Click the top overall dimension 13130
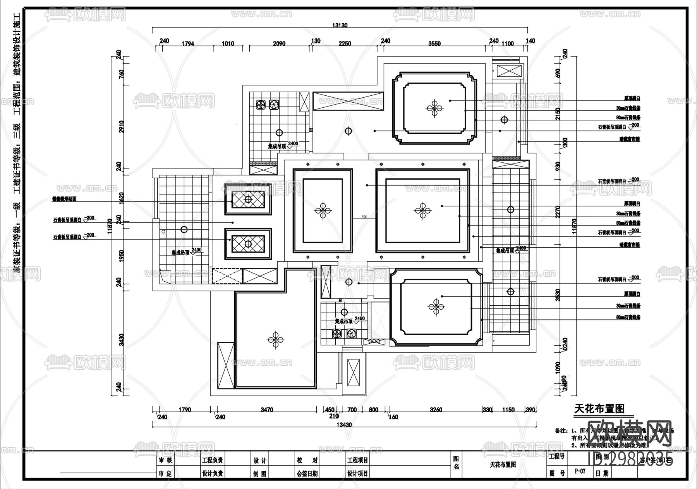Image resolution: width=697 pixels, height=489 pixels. (x=339, y=25)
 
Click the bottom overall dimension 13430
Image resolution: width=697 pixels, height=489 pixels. (x=343, y=425)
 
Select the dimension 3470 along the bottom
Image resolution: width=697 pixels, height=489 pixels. (x=267, y=409)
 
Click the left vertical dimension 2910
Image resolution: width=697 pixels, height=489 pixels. (x=121, y=127)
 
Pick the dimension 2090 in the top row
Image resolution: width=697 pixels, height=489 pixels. (x=279, y=44)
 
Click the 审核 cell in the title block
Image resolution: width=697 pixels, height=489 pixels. (x=165, y=460)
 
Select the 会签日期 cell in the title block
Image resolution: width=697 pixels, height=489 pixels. (x=307, y=474)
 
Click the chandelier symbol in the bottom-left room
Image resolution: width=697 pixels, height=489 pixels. (x=276, y=340)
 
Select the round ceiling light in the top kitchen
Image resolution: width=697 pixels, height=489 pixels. (x=279, y=133)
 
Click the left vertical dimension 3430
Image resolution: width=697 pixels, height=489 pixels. (x=121, y=340)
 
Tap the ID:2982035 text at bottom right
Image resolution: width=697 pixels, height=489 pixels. (x=630, y=460)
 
